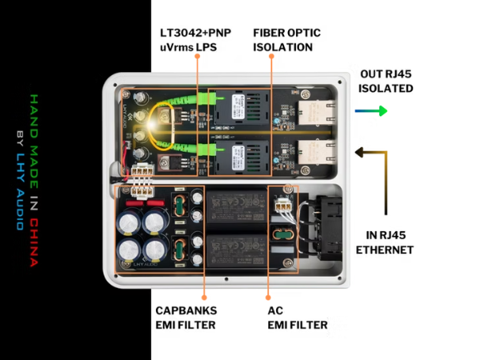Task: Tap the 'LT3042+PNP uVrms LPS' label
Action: click(x=194, y=40)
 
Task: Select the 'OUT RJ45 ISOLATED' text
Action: click(x=385, y=81)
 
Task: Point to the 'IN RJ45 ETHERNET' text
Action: click(x=385, y=243)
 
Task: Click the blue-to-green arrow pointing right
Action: click(x=371, y=112)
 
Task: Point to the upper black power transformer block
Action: click(x=236, y=207)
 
